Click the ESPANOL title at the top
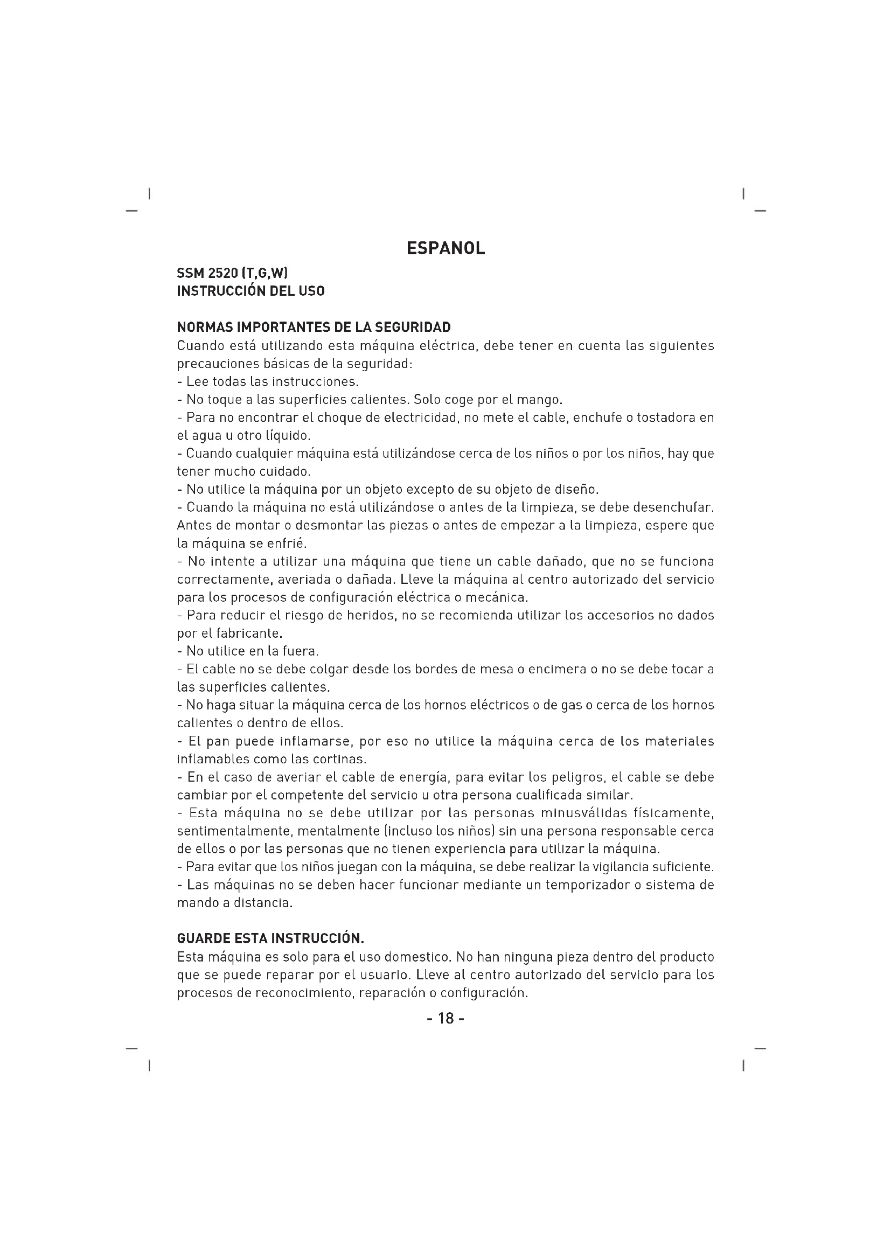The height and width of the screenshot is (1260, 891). [x=445, y=248]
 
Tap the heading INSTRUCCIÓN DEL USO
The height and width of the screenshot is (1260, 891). [x=250, y=291]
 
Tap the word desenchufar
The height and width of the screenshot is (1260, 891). [x=673, y=507]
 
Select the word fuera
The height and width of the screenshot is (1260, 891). [x=301, y=651]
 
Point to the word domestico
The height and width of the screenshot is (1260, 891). [x=417, y=957]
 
